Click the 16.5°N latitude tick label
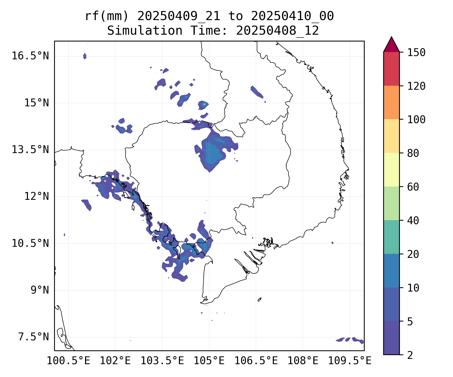click(30, 56)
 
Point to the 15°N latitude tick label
click(36, 103)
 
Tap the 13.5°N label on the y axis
click(30, 150)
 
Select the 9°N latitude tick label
click(40, 290)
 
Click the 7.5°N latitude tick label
click(33, 337)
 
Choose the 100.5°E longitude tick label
click(68, 361)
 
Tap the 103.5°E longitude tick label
click(162, 361)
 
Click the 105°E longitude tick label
click(209, 361)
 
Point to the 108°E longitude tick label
click(303, 361)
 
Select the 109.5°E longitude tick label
click(350, 361)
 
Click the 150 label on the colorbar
click(416, 53)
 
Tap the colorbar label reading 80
click(413, 153)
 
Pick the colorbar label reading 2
click(410, 355)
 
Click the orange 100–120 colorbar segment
click(391, 102)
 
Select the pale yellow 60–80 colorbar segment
click(391, 170)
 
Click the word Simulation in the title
click(145, 31)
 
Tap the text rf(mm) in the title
click(106, 16)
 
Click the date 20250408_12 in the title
click(277, 31)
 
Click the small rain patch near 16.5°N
click(85, 56)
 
